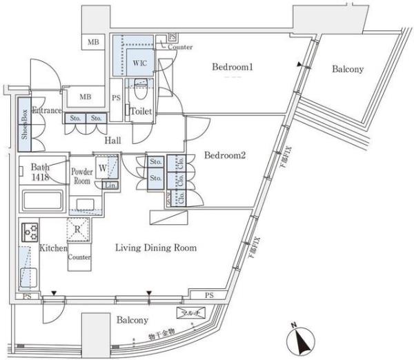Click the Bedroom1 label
(x=233, y=68)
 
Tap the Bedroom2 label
(x=225, y=156)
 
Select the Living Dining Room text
(x=156, y=248)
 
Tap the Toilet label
(x=142, y=110)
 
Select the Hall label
(x=112, y=141)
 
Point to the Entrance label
(x=46, y=110)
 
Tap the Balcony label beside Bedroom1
(x=348, y=70)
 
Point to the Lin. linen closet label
(x=109, y=185)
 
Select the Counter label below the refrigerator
(x=79, y=257)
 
